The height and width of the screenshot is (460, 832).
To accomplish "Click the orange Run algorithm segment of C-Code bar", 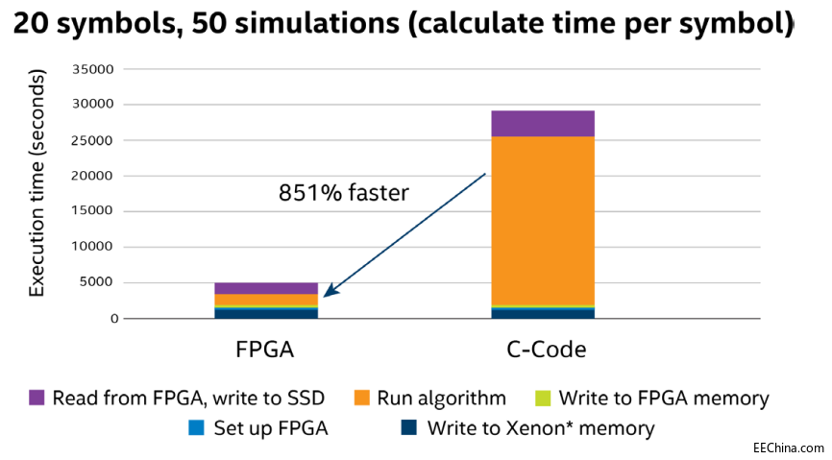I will point(543,221).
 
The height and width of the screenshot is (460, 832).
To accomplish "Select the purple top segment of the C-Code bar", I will point(543,123).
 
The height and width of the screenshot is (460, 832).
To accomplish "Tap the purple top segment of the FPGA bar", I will point(266,288).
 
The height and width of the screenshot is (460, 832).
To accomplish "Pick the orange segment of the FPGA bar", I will point(266,300).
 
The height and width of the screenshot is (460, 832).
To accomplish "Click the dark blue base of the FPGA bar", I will point(266,313).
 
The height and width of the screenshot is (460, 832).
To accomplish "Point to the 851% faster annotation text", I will point(344,193).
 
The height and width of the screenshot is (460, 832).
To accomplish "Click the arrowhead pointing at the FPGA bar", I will point(328,293).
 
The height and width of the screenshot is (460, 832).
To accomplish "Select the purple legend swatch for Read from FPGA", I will point(37,398).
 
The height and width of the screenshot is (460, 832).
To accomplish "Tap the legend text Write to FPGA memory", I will point(663,398).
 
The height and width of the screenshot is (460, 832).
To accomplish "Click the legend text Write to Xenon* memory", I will point(540,428).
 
